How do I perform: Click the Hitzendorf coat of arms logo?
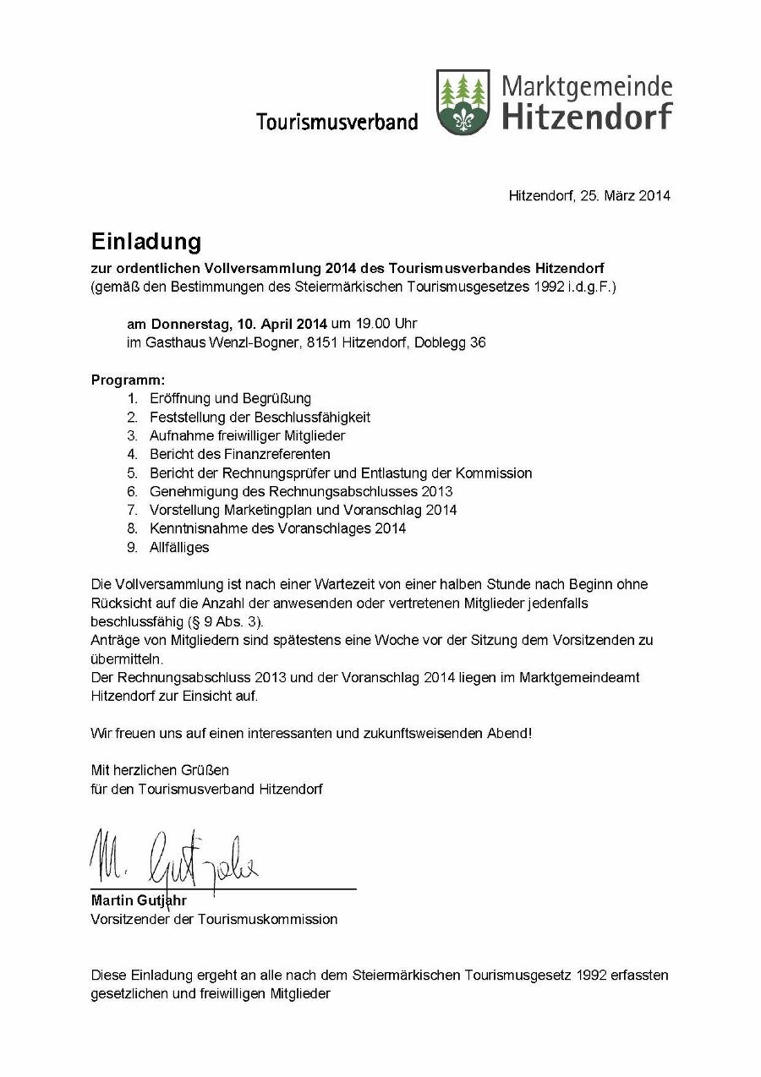click(x=463, y=101)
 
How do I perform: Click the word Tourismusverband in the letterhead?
click(x=337, y=122)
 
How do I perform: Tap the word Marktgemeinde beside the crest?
click(x=587, y=86)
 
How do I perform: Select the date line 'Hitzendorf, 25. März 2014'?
click(x=589, y=196)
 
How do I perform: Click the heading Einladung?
click(x=146, y=242)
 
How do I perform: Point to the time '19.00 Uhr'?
click(x=374, y=324)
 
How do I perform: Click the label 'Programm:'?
click(x=129, y=380)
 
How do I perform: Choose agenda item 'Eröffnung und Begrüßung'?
click(x=230, y=398)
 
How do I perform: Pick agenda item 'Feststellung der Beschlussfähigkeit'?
click(x=260, y=417)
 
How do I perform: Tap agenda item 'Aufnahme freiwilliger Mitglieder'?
click(x=247, y=435)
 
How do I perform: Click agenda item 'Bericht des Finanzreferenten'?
click(x=240, y=454)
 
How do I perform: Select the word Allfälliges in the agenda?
click(x=179, y=547)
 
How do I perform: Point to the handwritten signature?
click(x=173, y=856)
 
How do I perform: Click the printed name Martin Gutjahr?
click(x=139, y=900)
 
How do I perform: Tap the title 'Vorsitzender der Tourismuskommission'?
click(x=214, y=919)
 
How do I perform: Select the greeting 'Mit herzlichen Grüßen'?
click(x=160, y=770)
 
